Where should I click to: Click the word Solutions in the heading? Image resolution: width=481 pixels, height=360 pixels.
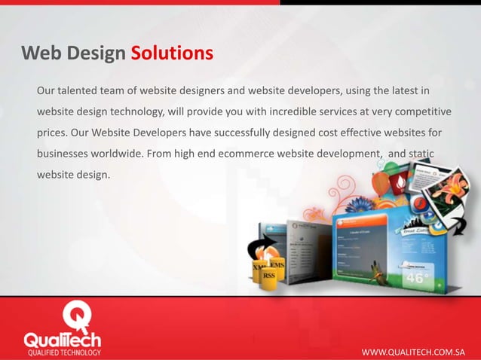click(x=172, y=53)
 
